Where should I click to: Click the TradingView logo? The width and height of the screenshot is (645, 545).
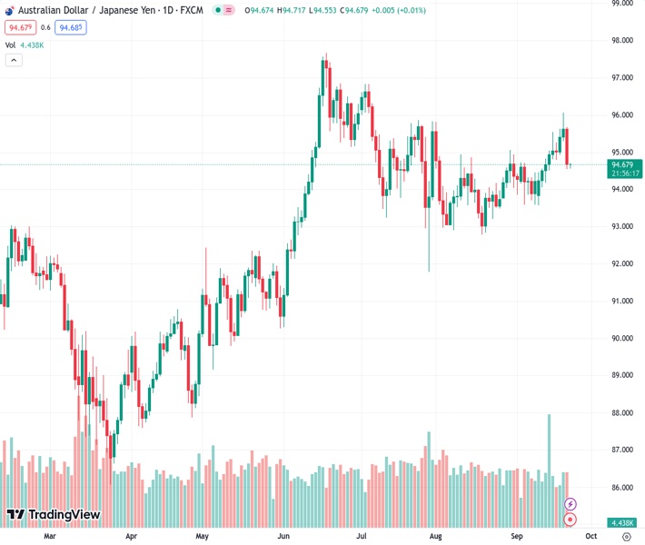[54, 515]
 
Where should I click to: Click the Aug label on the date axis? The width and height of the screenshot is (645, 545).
[436, 537]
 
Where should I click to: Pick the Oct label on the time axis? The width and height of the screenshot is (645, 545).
[593, 537]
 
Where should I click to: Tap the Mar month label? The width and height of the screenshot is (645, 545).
[50, 537]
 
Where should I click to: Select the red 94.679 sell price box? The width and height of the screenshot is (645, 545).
[19, 28]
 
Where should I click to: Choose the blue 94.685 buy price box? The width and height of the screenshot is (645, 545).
[70, 28]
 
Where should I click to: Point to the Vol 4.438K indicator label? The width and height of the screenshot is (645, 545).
[25, 45]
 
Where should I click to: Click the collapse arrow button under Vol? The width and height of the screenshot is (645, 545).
[14, 60]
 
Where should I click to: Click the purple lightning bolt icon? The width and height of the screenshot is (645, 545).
[571, 504]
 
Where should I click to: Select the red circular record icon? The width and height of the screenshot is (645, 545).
[571, 520]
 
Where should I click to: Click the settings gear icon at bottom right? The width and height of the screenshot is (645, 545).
[627, 537]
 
